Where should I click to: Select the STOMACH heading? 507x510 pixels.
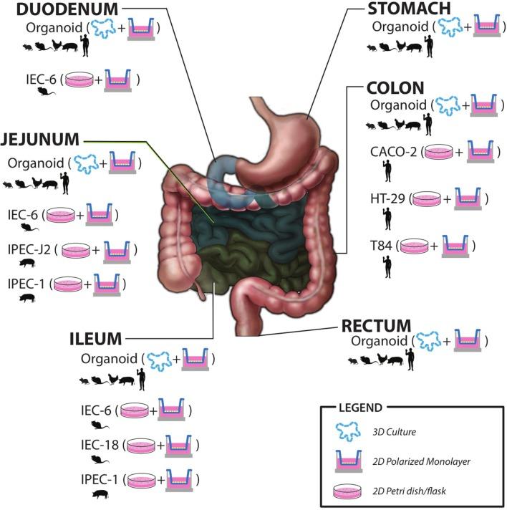(x=409, y=9)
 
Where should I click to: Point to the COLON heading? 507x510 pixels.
(x=395, y=87)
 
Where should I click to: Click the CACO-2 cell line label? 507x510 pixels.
(x=396, y=151)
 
